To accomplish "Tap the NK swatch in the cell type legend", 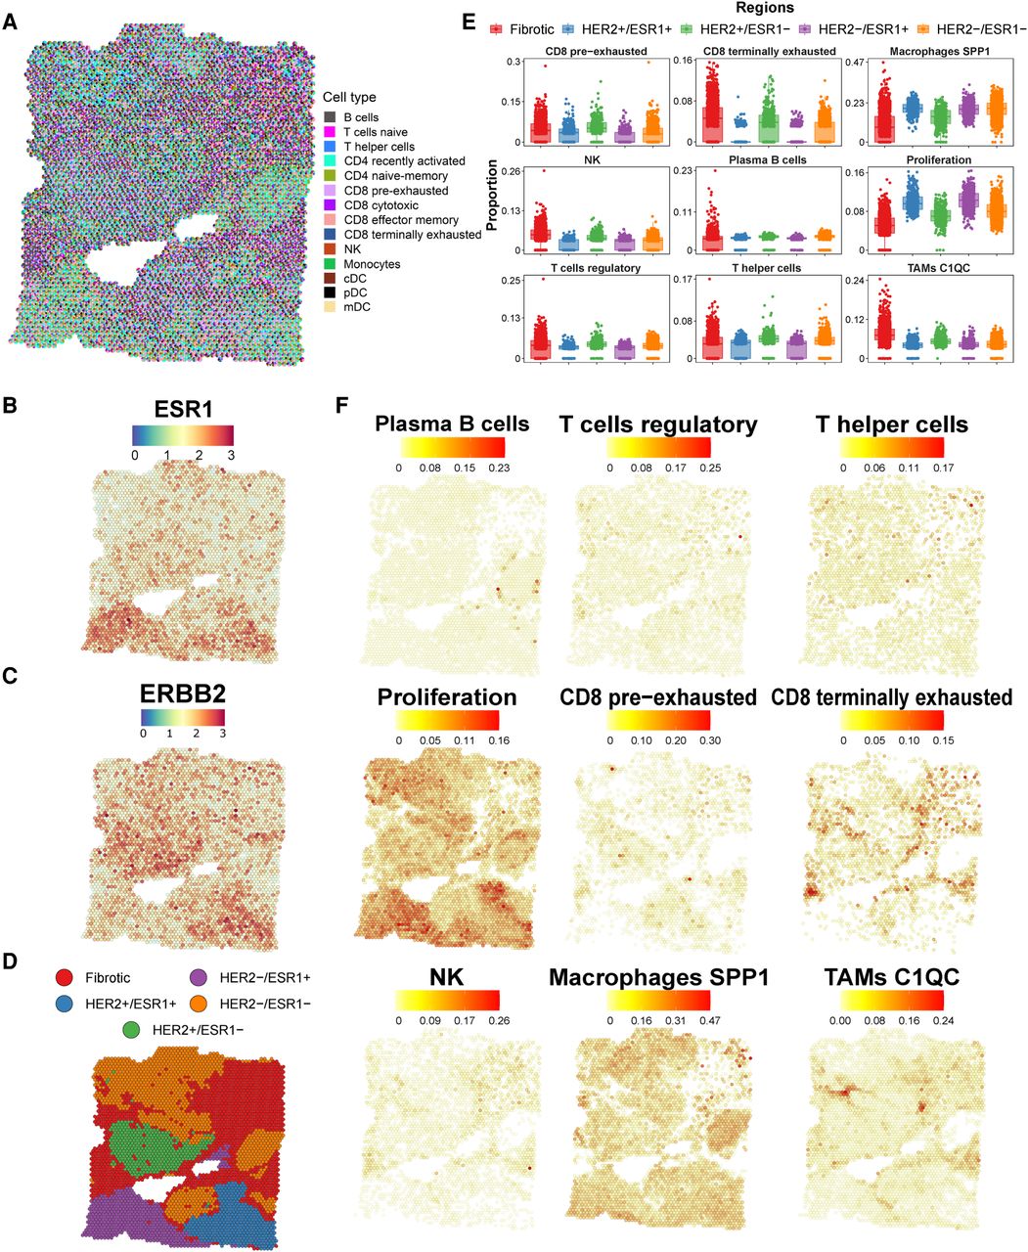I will click(331, 249).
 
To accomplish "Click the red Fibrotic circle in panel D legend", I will click(64, 977).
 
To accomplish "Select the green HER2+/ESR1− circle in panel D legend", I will click(130, 1029).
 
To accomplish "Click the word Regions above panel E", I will click(764, 9).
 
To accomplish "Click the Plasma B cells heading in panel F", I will click(452, 425).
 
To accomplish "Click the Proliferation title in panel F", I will click(447, 697).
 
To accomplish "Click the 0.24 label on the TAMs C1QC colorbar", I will click(939, 1019).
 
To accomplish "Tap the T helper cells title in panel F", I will click(891, 425).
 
